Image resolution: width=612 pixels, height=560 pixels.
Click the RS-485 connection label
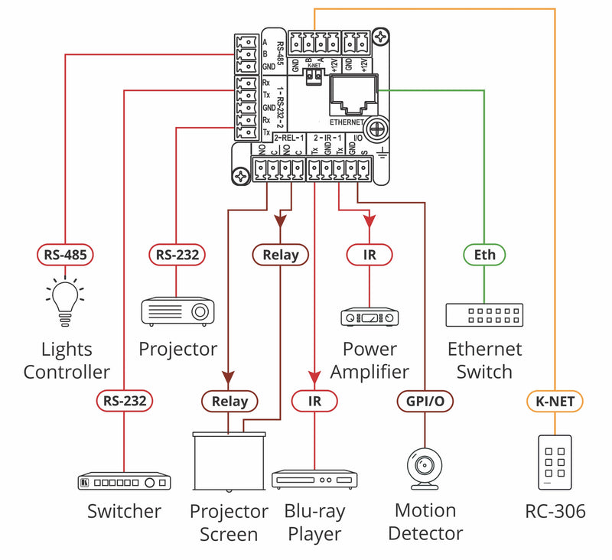click(66, 254)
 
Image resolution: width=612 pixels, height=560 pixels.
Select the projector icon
click(177, 311)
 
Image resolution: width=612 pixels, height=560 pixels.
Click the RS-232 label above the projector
click(177, 254)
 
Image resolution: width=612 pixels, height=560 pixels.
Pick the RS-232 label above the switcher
click(125, 399)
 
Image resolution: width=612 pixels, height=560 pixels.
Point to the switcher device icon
click(125, 482)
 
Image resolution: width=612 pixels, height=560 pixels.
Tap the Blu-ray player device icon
click(314, 480)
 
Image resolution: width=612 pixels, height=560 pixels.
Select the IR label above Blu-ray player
click(314, 399)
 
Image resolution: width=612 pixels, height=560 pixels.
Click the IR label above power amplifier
click(369, 254)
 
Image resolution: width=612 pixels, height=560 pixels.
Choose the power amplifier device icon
click(369, 316)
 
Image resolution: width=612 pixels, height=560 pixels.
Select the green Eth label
click(484, 254)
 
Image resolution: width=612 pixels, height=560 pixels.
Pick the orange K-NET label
click(555, 399)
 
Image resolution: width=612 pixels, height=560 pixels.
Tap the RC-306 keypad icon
click(555, 462)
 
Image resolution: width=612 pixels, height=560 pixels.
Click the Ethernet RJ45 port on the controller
click(351, 96)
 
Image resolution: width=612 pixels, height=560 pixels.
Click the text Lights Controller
click(67, 361)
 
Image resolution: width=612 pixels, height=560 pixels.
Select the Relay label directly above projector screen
click(229, 400)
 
